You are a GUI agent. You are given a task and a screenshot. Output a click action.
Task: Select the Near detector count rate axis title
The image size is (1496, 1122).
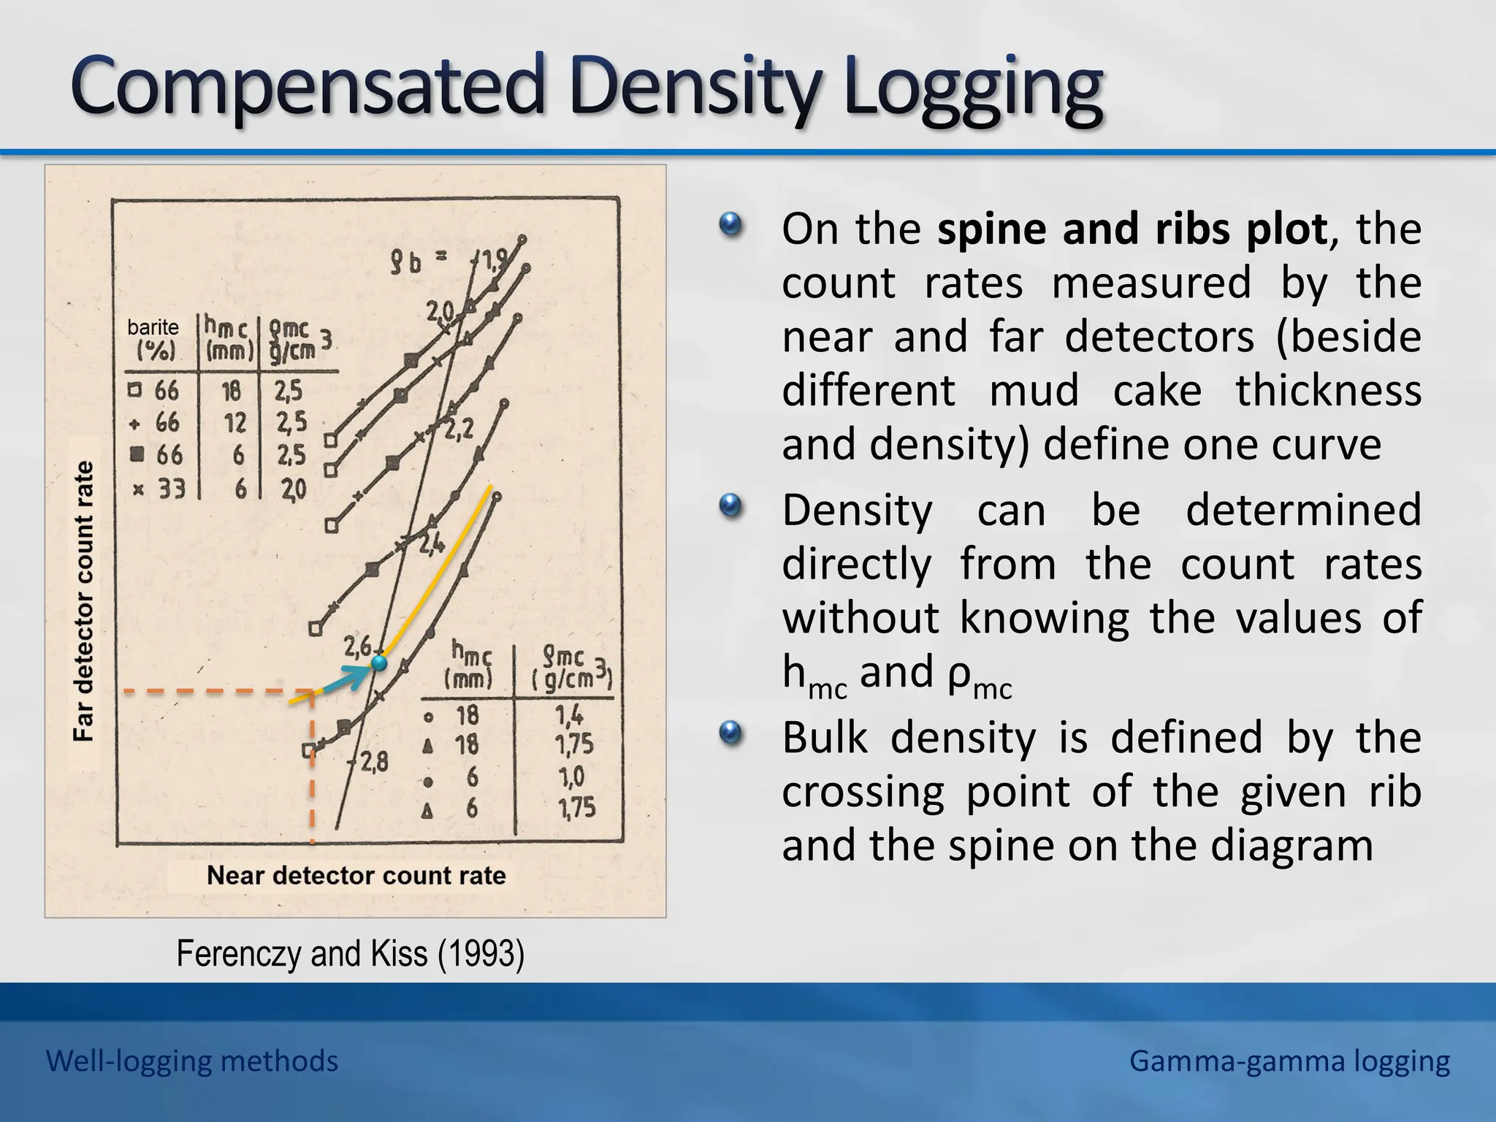tap(356, 875)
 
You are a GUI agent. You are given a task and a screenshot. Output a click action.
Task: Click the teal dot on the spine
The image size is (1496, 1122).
tap(378, 663)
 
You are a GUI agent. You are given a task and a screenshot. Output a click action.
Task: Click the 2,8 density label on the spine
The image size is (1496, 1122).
tap(373, 763)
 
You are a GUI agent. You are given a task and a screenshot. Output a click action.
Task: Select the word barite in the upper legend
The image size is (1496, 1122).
tap(153, 327)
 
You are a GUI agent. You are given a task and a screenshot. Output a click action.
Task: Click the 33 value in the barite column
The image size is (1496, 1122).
tap(172, 488)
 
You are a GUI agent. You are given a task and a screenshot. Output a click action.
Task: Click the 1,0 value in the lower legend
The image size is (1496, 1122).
tap(571, 776)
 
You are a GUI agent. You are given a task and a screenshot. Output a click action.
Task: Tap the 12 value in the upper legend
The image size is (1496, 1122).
tap(234, 422)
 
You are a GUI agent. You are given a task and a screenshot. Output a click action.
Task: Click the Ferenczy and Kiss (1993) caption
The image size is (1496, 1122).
tap(351, 954)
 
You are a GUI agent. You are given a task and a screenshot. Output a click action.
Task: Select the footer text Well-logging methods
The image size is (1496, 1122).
tap(192, 1061)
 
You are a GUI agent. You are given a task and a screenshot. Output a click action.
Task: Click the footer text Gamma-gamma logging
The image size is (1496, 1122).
tap(1289, 1061)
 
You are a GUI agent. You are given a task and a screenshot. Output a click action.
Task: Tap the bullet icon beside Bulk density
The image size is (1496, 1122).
tap(730, 733)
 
